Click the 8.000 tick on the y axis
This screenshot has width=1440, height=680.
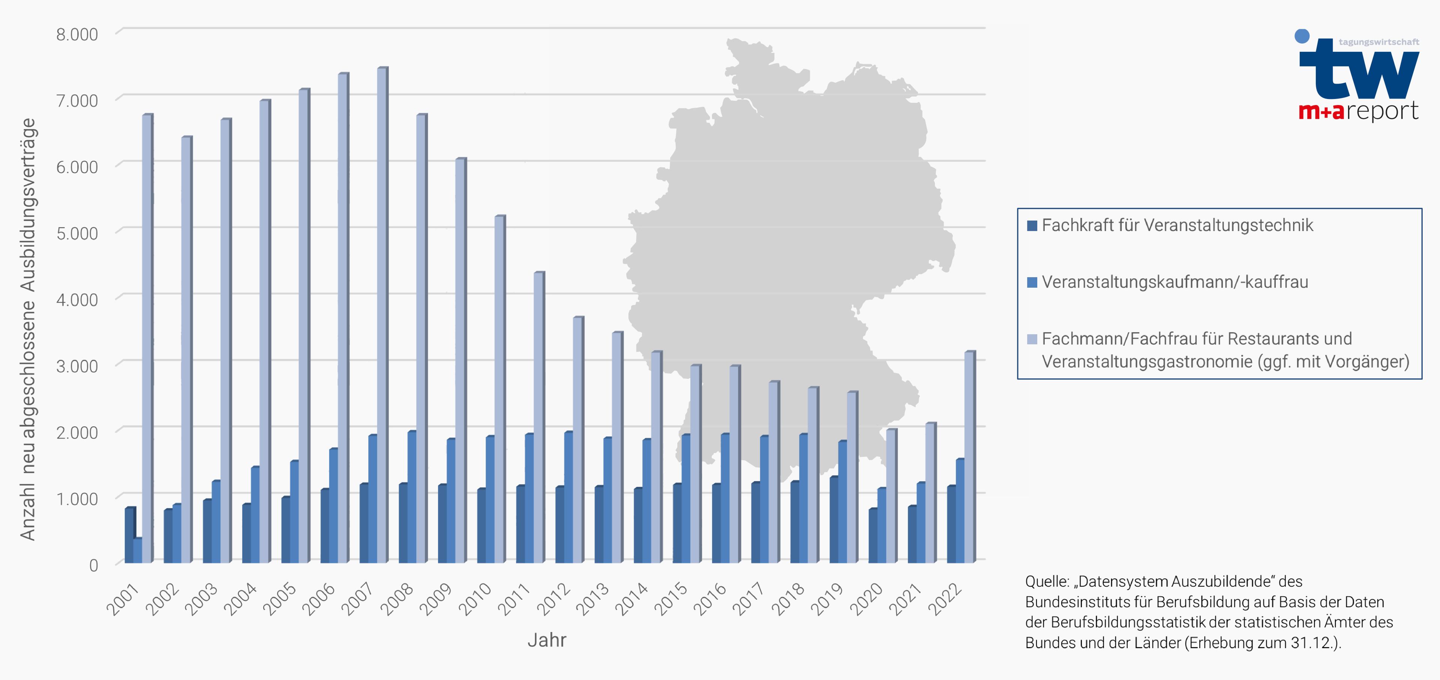[77, 34]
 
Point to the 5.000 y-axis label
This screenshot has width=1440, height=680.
[77, 233]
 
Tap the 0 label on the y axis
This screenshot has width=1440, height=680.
[93, 565]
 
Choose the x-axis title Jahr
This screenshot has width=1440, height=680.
[547, 640]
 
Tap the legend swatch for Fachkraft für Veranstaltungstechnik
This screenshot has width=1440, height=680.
[1032, 225]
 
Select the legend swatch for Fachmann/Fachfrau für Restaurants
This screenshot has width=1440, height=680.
[1032, 339]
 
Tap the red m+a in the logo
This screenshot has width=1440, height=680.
[1321, 112]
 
